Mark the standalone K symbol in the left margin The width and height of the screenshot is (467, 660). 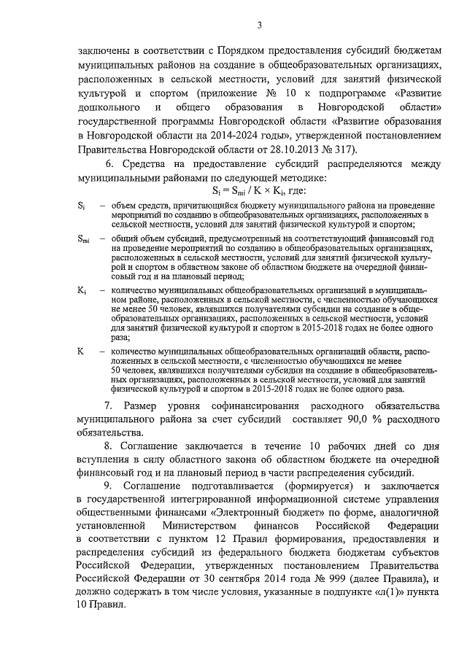[x=80, y=352]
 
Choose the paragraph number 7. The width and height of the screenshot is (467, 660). [x=111, y=406]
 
